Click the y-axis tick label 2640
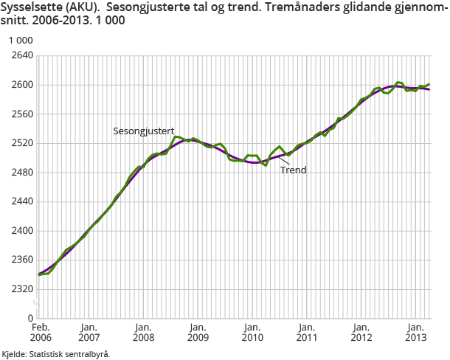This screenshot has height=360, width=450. [x=23, y=55]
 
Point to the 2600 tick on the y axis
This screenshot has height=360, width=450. [x=23, y=85]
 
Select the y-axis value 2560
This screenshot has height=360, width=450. [x=23, y=114]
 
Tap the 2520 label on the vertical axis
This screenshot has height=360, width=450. [x=23, y=143]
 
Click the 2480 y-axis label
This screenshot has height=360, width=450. [x=23, y=173]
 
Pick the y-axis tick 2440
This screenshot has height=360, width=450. [x=23, y=201]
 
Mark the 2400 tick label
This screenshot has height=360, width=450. [x=23, y=231]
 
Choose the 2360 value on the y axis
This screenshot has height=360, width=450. [x=23, y=260]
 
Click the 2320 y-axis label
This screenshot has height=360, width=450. [x=23, y=289]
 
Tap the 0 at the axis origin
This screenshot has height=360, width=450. [x=31, y=318]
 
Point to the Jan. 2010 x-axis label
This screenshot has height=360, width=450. [x=252, y=332]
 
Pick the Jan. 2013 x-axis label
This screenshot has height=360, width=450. [x=415, y=332]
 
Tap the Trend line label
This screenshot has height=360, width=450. [x=293, y=170]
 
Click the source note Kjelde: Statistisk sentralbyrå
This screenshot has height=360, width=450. [x=56, y=354]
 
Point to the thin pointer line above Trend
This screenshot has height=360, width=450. [x=285, y=160]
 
